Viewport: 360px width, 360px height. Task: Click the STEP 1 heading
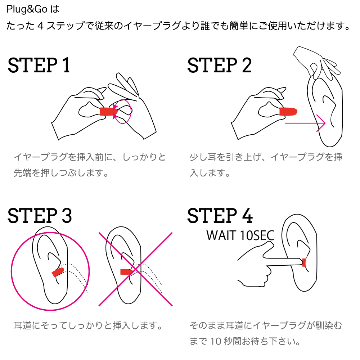tap(39, 66)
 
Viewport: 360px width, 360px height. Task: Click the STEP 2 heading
tap(219, 66)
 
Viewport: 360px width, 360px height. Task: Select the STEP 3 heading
tap(40, 216)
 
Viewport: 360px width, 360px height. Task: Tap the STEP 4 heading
tap(220, 216)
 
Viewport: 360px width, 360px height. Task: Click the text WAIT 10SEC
tap(240, 236)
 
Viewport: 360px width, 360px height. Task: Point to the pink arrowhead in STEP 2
tap(321, 123)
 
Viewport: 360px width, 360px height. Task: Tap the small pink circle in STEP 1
tap(122, 112)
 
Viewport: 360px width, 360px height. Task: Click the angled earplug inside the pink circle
tap(58, 272)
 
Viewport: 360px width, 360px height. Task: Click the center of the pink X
tap(136, 269)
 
